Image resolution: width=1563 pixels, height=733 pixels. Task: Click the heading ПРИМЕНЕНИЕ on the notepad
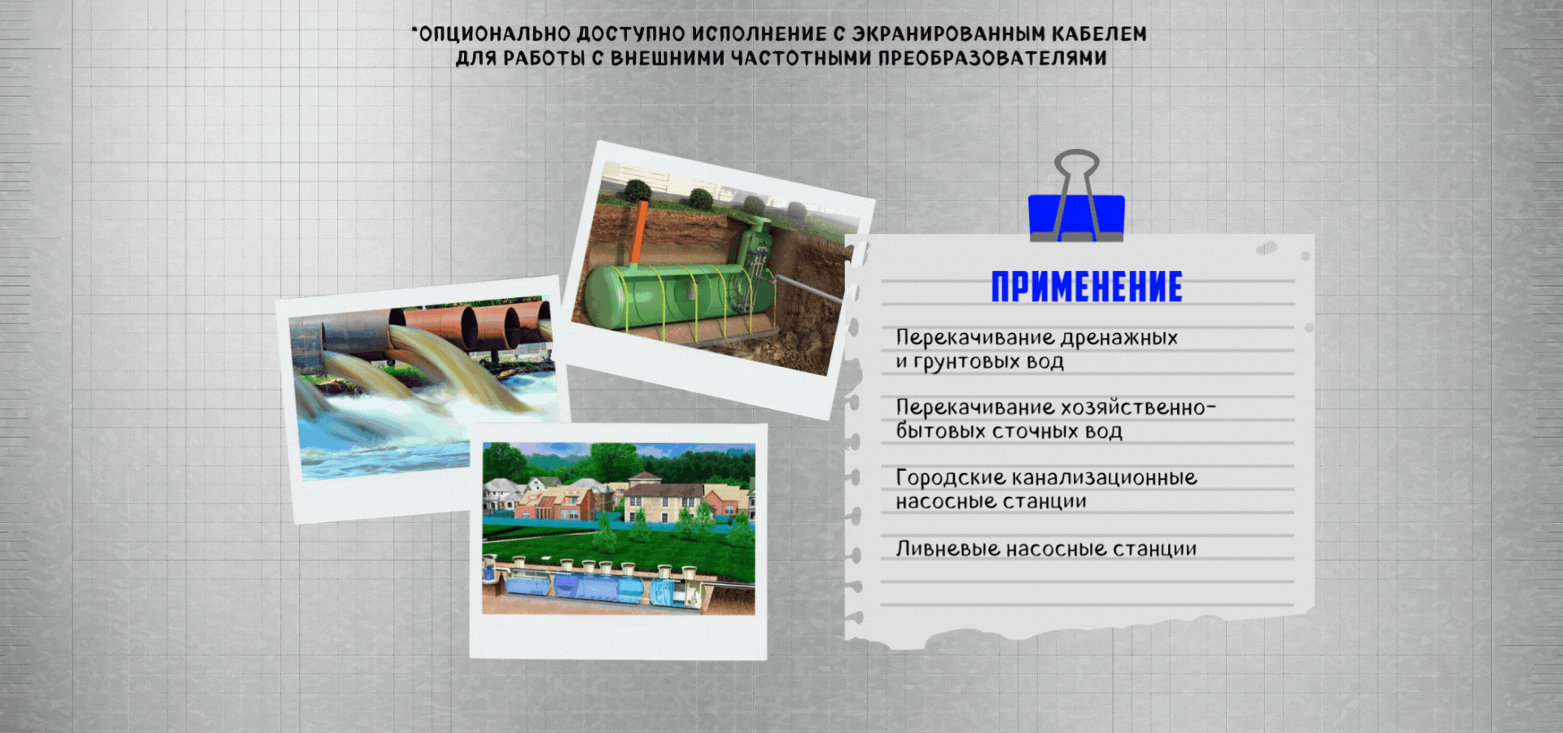tap(1087, 287)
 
